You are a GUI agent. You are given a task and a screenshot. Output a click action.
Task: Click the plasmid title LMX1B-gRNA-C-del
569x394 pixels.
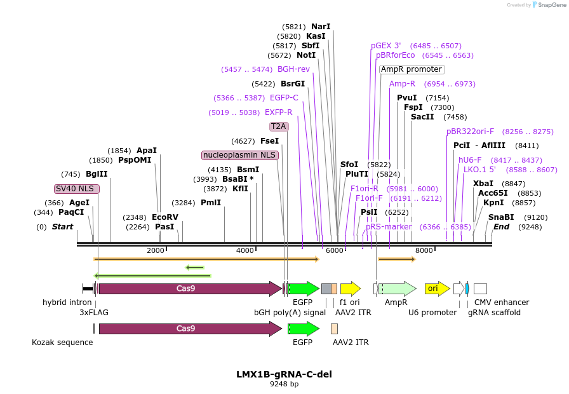[284, 374]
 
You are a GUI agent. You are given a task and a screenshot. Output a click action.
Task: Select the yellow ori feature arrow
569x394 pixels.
[437, 289]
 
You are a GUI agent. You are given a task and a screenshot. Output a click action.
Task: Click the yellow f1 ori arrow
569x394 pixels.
[350, 289]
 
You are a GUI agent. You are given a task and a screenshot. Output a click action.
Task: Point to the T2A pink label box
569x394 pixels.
[279, 126]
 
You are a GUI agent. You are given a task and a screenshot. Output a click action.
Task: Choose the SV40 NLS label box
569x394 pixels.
[76, 189]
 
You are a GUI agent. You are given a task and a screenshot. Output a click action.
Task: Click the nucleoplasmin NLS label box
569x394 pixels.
[240, 155]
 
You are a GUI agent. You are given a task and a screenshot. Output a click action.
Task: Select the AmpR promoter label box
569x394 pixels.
[412, 69]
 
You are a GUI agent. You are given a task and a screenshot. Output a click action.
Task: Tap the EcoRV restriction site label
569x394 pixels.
[165, 217]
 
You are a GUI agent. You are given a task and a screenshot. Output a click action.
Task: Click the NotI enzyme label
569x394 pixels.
[306, 55]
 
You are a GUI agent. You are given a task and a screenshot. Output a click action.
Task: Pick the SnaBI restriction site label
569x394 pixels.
[501, 217]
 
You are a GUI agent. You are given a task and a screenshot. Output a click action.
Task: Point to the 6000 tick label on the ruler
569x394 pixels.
[334, 251]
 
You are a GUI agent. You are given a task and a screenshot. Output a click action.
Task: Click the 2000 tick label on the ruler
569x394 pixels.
[156, 251]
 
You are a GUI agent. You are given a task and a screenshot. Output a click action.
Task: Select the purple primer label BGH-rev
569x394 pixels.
[293, 69]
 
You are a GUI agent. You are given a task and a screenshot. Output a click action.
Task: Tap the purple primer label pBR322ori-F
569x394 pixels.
[470, 132]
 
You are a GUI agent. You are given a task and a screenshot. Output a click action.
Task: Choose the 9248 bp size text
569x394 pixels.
[284, 384]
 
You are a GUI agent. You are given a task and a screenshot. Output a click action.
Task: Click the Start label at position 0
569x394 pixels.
[62, 227]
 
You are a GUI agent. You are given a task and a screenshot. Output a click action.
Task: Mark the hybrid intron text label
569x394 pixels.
[67, 302]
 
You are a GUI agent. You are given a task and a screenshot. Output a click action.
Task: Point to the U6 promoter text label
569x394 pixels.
[432, 313]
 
